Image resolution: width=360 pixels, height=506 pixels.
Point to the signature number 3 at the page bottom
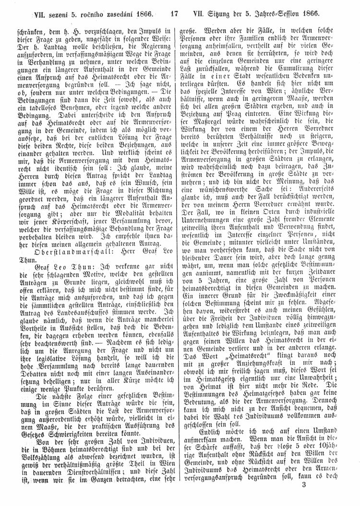coord(345,498)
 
